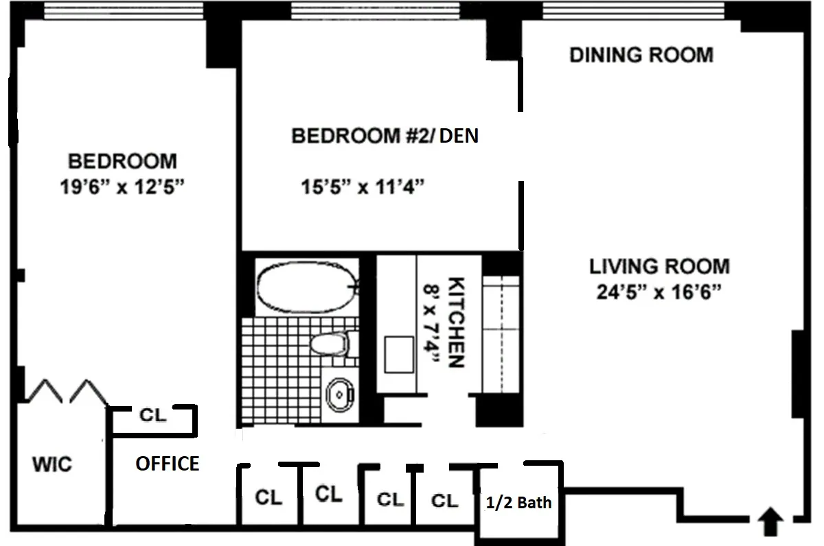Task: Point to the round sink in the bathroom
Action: [340, 394]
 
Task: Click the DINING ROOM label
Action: [641, 55]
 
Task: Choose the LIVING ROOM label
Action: [659, 266]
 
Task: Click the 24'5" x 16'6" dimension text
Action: [659, 294]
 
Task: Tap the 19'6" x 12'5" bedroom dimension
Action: [123, 188]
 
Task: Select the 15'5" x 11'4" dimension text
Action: [360, 187]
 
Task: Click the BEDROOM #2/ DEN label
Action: [385, 136]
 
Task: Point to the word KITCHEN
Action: [456, 322]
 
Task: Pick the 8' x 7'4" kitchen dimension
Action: [432, 322]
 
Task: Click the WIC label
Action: [52, 465]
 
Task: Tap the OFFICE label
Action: [167, 464]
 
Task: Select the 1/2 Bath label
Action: [518, 503]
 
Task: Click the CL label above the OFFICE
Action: [152, 416]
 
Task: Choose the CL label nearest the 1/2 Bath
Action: [444, 501]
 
